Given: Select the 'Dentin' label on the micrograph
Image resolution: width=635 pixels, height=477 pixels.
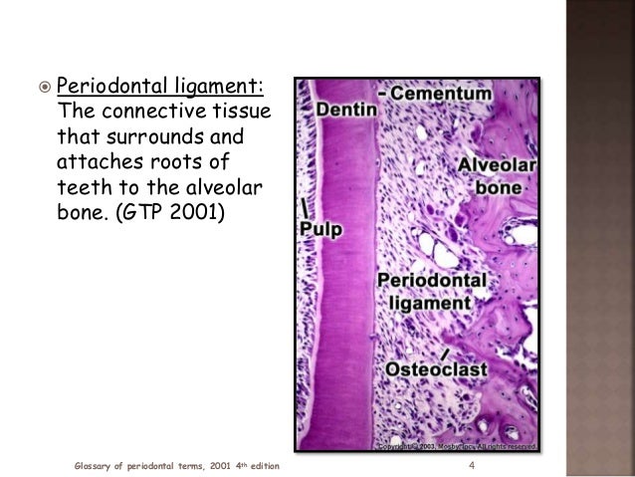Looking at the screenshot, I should point(346,102).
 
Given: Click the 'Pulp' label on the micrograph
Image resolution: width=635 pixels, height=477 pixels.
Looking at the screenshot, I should point(321,229).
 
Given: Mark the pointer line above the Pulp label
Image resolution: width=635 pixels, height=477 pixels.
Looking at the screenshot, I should point(303,208).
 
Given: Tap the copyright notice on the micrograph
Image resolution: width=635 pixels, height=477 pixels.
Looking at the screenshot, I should point(457,445).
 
